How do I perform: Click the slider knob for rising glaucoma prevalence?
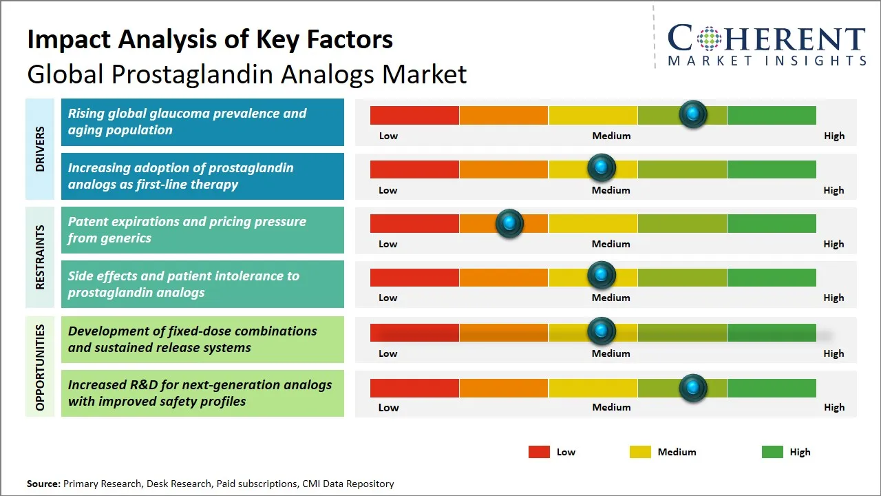(x=693, y=114)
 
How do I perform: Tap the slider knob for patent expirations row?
(x=509, y=223)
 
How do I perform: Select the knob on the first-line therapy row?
(x=602, y=168)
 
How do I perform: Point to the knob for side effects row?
(x=602, y=276)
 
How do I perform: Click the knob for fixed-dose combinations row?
(x=602, y=331)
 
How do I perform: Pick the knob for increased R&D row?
(x=693, y=387)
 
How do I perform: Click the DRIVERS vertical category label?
(x=40, y=149)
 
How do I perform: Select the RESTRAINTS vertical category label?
(x=40, y=257)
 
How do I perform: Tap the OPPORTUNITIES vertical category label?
(x=40, y=366)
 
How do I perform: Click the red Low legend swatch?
(x=539, y=452)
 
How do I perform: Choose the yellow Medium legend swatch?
(x=640, y=452)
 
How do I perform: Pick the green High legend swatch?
(x=772, y=452)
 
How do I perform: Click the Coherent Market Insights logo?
(x=766, y=45)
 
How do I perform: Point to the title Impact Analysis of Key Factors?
(x=210, y=39)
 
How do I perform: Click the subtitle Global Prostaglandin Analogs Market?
(x=246, y=74)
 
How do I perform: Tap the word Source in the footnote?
(x=43, y=484)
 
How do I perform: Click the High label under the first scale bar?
(x=834, y=136)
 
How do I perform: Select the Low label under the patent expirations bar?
(x=388, y=244)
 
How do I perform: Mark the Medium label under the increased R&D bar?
(x=611, y=407)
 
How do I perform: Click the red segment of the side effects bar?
(x=414, y=277)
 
